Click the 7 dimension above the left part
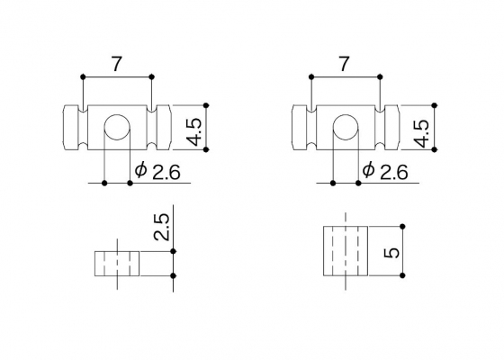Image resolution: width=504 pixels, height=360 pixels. (x=117, y=64)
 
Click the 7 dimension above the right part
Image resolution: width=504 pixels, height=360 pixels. (x=344, y=64)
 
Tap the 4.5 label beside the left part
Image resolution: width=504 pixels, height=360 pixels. (x=193, y=132)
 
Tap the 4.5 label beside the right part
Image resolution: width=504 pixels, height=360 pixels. (x=421, y=133)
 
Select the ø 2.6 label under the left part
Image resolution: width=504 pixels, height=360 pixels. (x=157, y=171)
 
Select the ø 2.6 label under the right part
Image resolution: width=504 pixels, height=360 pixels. (x=385, y=171)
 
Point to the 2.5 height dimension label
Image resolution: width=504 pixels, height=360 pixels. (x=161, y=227)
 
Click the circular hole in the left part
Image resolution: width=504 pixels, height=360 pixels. (x=117, y=127)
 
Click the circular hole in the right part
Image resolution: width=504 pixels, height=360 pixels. (x=346, y=127)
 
